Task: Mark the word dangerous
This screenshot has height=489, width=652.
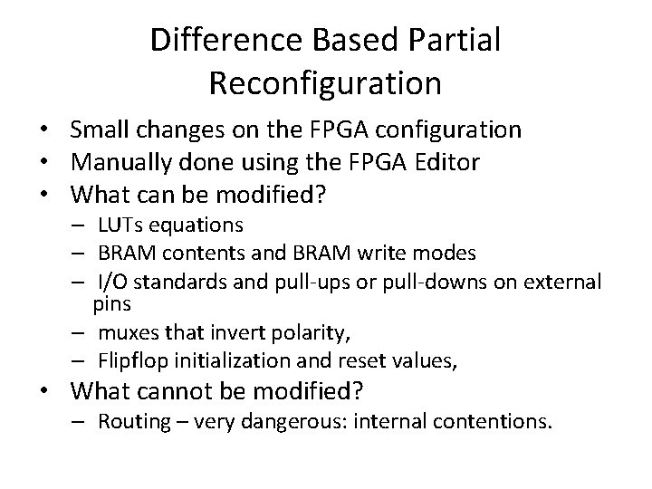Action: [291, 421]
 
